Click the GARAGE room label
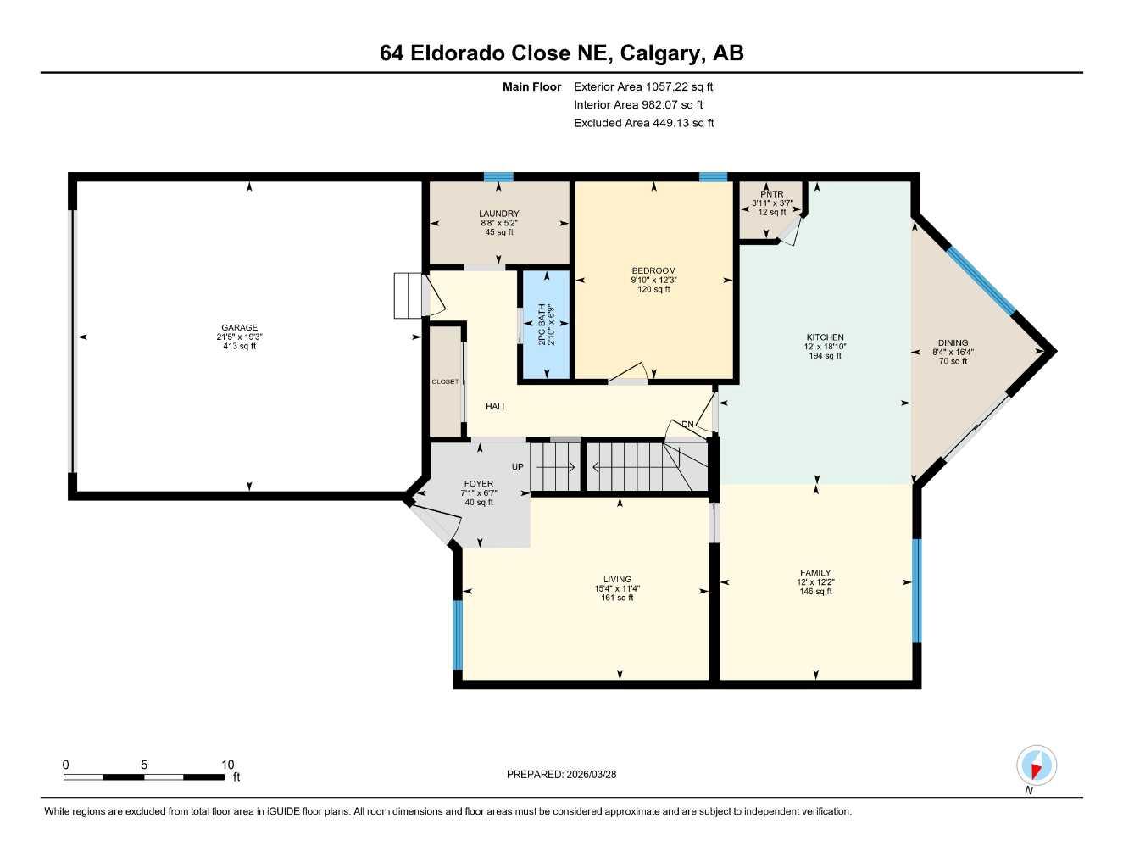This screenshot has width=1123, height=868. point(239,328)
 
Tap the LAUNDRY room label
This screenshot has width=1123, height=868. point(498,214)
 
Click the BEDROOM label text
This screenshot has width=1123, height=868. point(653,270)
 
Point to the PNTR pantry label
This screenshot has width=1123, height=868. point(771,194)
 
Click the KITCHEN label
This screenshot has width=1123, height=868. point(824,337)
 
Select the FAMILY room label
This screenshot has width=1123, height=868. point(814,573)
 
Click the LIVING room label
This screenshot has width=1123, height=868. point(617,580)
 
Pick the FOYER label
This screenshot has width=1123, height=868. point(478,484)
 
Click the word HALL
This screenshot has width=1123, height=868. point(497,407)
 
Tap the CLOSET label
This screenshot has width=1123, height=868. point(445,382)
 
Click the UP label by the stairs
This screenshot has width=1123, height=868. point(518,467)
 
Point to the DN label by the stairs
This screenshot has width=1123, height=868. point(687,425)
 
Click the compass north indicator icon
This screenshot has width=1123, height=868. point(1036,765)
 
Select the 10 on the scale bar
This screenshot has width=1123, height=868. point(227,765)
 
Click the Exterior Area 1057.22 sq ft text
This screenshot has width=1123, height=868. point(643,86)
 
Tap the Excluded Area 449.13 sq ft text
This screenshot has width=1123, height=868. point(643,123)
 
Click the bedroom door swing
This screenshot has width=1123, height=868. point(631,373)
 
